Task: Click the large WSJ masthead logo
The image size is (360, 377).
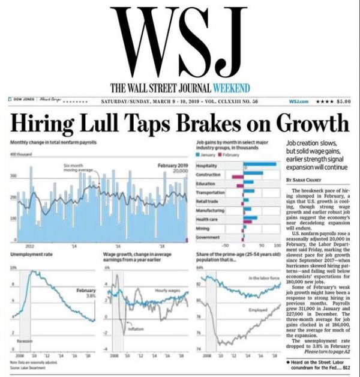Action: (181, 38)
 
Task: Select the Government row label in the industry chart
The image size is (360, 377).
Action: (211, 238)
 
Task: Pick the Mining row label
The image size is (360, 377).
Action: (205, 229)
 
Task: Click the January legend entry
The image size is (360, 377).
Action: (210, 154)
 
